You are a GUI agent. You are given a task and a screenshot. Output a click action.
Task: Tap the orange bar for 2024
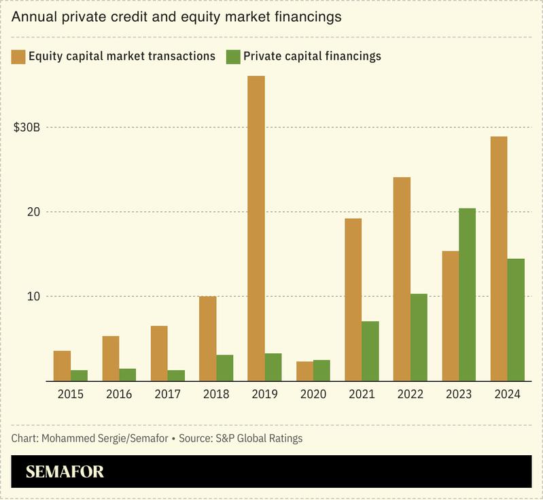[x=499, y=258]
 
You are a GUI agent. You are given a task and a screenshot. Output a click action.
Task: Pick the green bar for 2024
[x=516, y=319]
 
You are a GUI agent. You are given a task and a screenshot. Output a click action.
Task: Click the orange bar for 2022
[x=402, y=279]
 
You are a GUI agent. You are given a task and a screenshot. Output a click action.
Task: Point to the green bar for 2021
[x=370, y=351]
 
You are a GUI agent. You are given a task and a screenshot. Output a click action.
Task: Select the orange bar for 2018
[x=207, y=338]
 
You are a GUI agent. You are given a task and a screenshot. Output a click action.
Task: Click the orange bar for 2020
[x=304, y=371]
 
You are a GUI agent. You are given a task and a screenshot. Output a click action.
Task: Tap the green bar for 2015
[x=79, y=375]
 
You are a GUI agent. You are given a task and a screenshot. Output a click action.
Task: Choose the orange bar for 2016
[x=110, y=358]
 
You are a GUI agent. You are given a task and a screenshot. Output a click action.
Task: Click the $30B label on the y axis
[x=27, y=128]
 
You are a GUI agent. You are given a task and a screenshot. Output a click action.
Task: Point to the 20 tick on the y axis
[x=33, y=212]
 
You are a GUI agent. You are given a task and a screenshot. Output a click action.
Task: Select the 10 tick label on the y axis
[x=33, y=297]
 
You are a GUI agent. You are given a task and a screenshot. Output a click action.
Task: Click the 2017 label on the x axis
[x=167, y=395]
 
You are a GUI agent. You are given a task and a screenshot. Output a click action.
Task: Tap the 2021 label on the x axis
[x=362, y=395]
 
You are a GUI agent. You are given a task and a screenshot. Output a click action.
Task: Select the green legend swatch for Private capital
[x=232, y=56]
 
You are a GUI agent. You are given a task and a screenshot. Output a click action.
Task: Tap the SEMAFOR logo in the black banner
[x=65, y=472]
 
